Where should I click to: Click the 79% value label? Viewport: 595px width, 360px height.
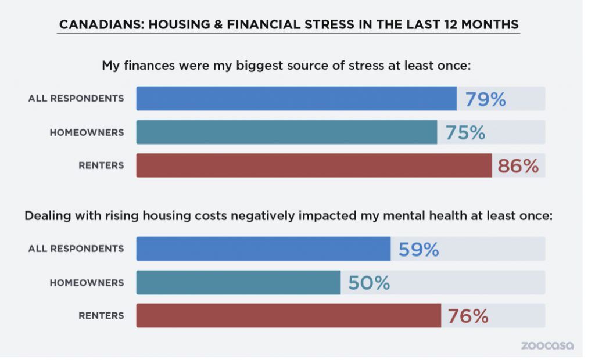tap(485, 99)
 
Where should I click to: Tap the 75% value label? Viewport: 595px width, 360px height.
tap(465, 132)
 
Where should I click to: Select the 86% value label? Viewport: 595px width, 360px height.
tap(518, 166)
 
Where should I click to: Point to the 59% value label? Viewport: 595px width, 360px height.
tap(418, 250)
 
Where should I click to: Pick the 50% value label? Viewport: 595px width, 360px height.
tap(369, 283)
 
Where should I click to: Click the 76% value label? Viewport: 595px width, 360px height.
tap(468, 316)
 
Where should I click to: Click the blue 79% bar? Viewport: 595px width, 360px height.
tap(296, 99)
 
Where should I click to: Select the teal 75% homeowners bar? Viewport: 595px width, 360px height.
tap(286, 132)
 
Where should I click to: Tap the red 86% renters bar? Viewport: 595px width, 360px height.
tap(314, 165)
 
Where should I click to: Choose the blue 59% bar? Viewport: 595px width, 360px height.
tap(263, 249)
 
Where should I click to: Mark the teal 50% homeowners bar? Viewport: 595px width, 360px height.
tap(238, 282)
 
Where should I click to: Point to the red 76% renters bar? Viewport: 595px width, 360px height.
tap(288, 316)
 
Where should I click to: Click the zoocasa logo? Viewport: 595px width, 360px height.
tap(547, 345)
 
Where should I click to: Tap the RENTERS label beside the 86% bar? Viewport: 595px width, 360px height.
tap(101, 165)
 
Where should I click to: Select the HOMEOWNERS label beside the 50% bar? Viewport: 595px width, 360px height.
tap(87, 283)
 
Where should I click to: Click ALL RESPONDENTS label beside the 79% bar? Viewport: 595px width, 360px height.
tap(76, 99)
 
